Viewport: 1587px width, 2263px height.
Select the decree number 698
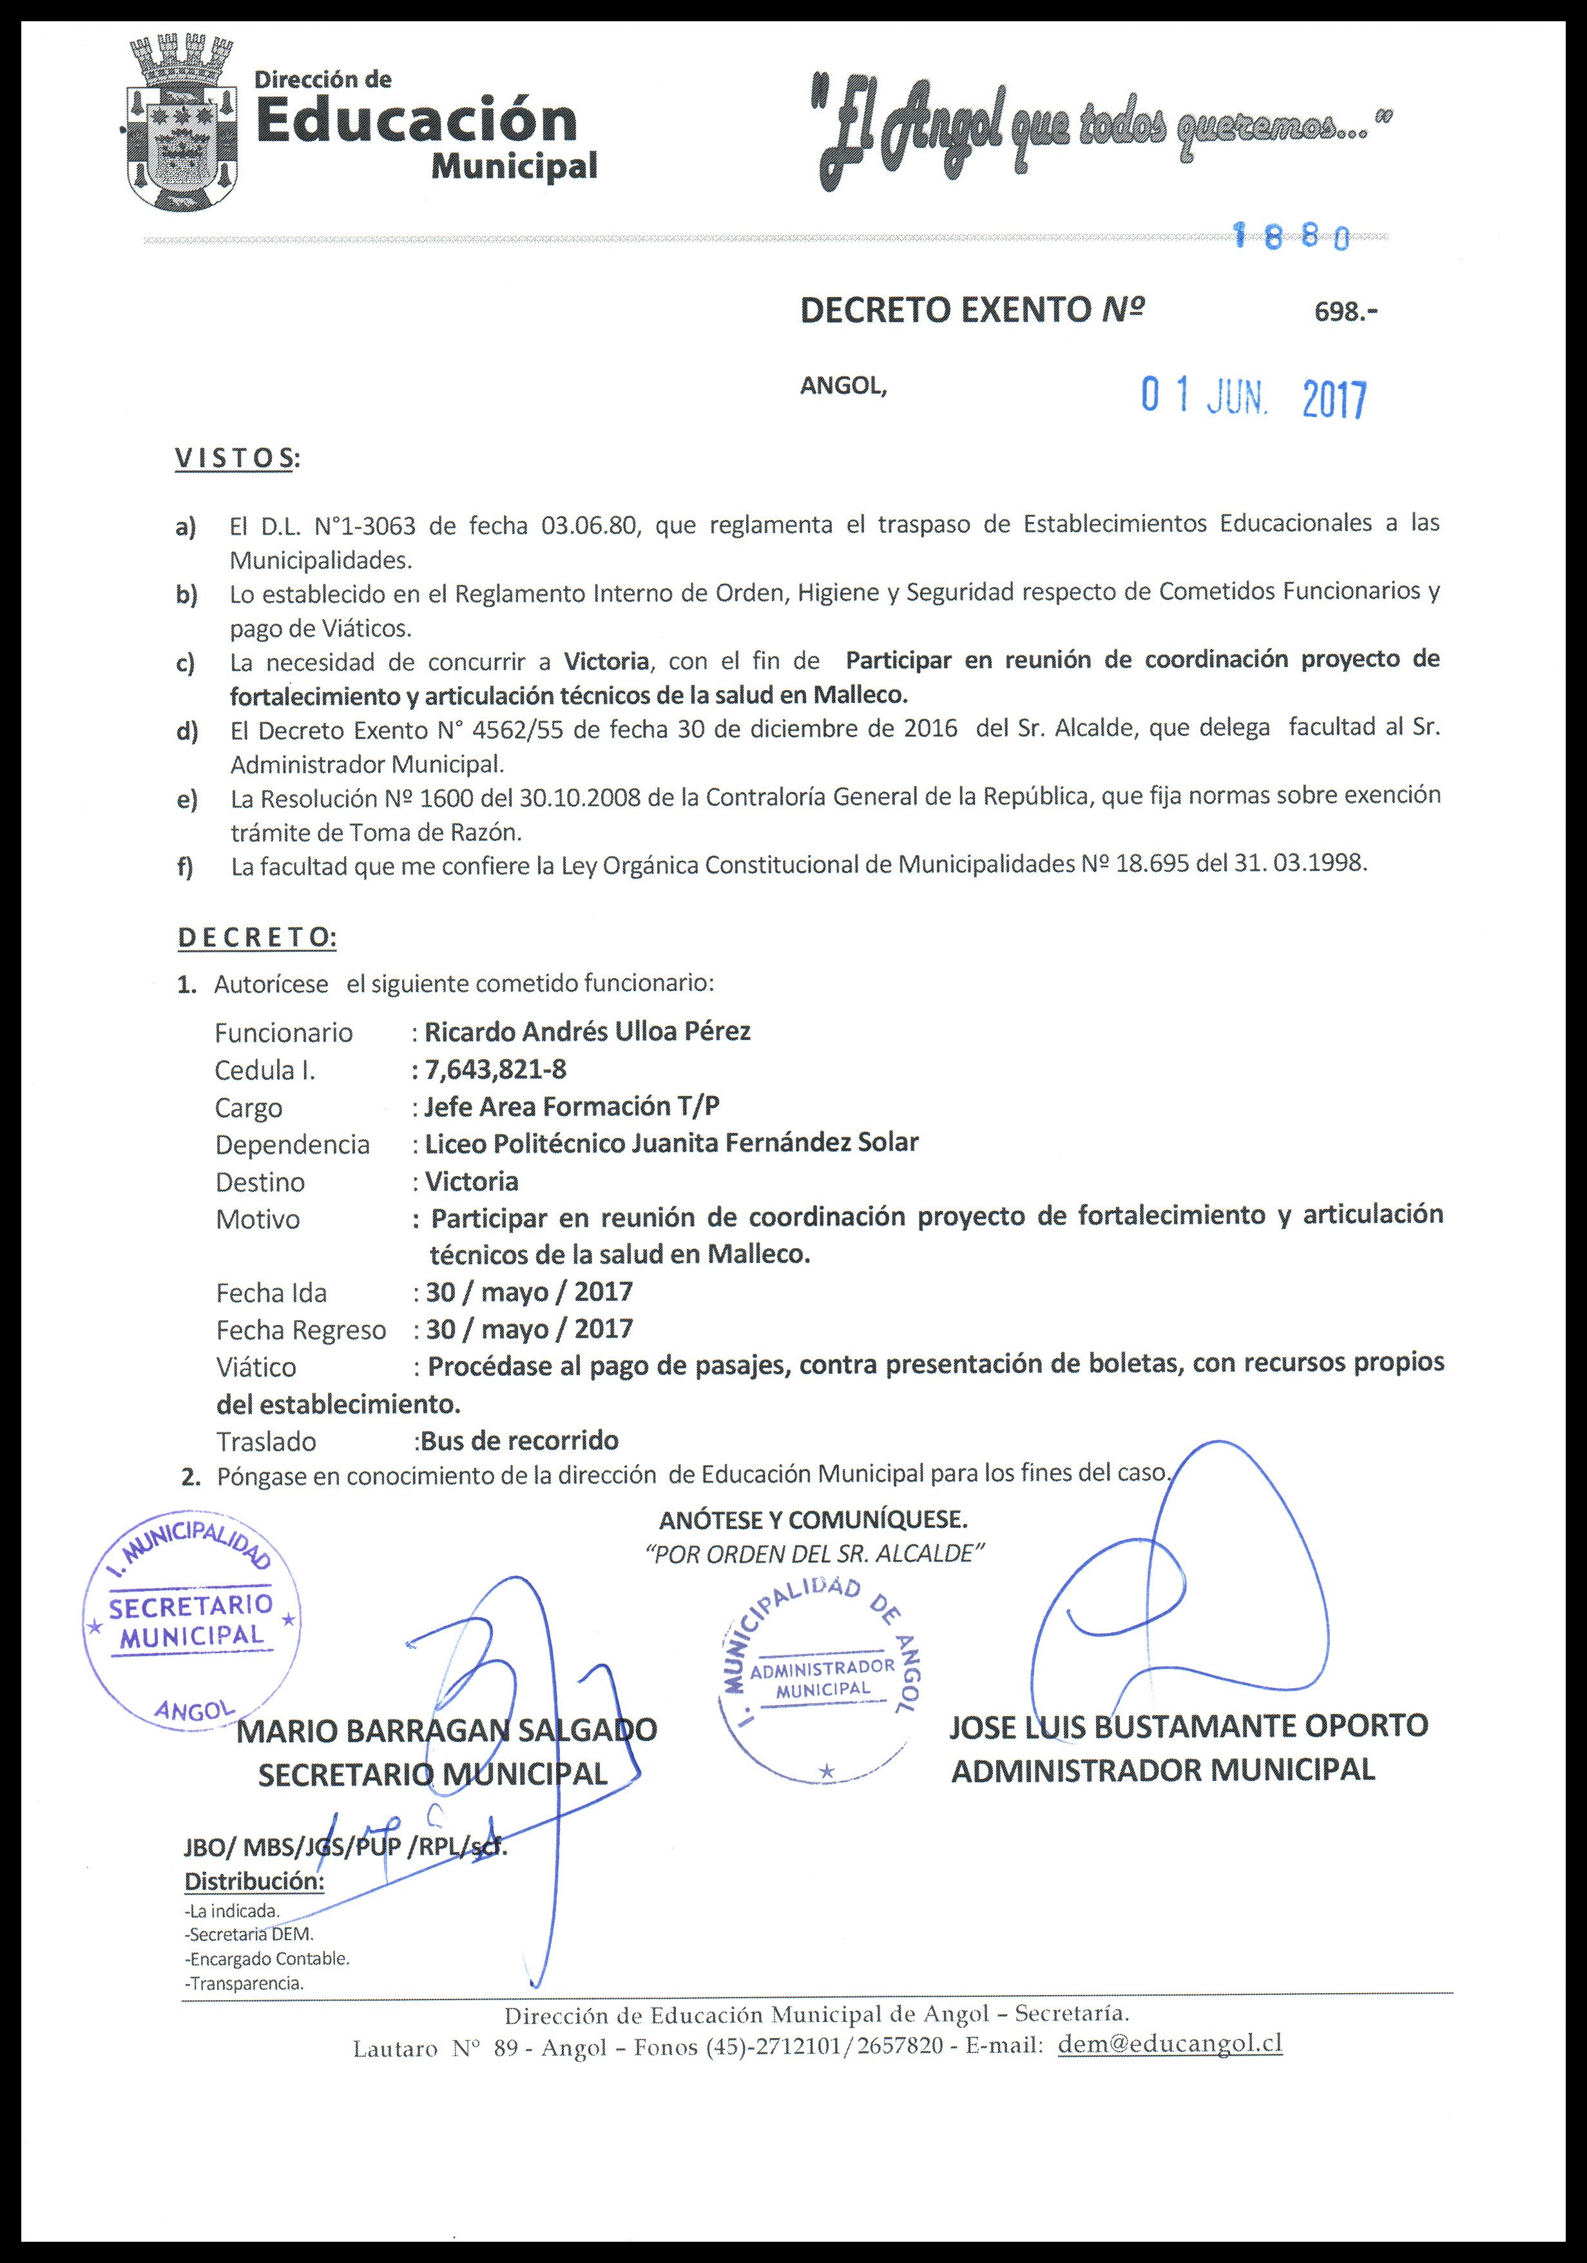(x=1345, y=313)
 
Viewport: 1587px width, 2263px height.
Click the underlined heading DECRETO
(x=256, y=938)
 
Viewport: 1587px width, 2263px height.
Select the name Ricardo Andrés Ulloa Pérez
(x=588, y=1032)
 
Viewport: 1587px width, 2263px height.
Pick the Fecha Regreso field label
(x=301, y=1331)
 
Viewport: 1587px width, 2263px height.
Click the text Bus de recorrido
(x=519, y=1441)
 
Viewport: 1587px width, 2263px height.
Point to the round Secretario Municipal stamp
(x=191, y=1627)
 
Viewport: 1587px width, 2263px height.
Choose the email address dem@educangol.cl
(x=1169, y=2043)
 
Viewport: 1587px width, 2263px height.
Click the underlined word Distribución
(x=255, y=1881)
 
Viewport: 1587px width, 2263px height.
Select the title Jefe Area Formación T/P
(x=572, y=1107)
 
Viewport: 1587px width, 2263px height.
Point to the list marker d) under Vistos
(x=186, y=731)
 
